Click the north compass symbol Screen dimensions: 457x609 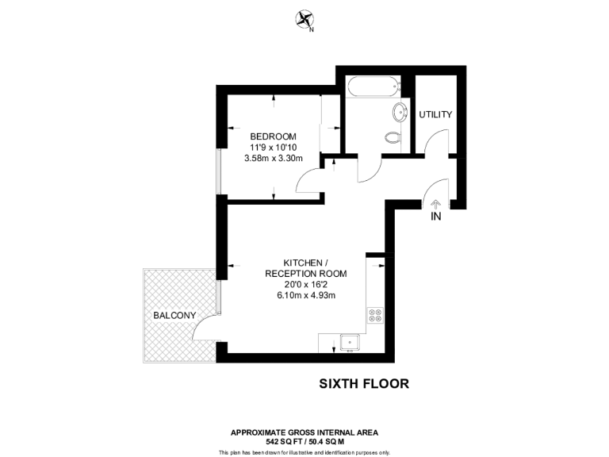[x=304, y=20]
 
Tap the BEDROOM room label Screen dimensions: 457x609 [x=273, y=136]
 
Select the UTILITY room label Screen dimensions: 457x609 [x=435, y=114]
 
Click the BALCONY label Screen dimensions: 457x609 [x=174, y=315]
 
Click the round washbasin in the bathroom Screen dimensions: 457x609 [x=400, y=110]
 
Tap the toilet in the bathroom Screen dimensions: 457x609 [x=392, y=137]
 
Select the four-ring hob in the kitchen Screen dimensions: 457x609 [x=375, y=316]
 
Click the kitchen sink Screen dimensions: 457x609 [x=348, y=343]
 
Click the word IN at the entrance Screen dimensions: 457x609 [x=435, y=217]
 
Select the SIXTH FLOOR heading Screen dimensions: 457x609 [x=364, y=384]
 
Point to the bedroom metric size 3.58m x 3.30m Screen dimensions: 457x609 [x=273, y=158]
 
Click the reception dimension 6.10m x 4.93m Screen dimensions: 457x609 [x=304, y=296]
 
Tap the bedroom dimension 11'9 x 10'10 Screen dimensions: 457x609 [x=273, y=147]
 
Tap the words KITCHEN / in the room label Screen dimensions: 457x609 [x=304, y=263]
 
